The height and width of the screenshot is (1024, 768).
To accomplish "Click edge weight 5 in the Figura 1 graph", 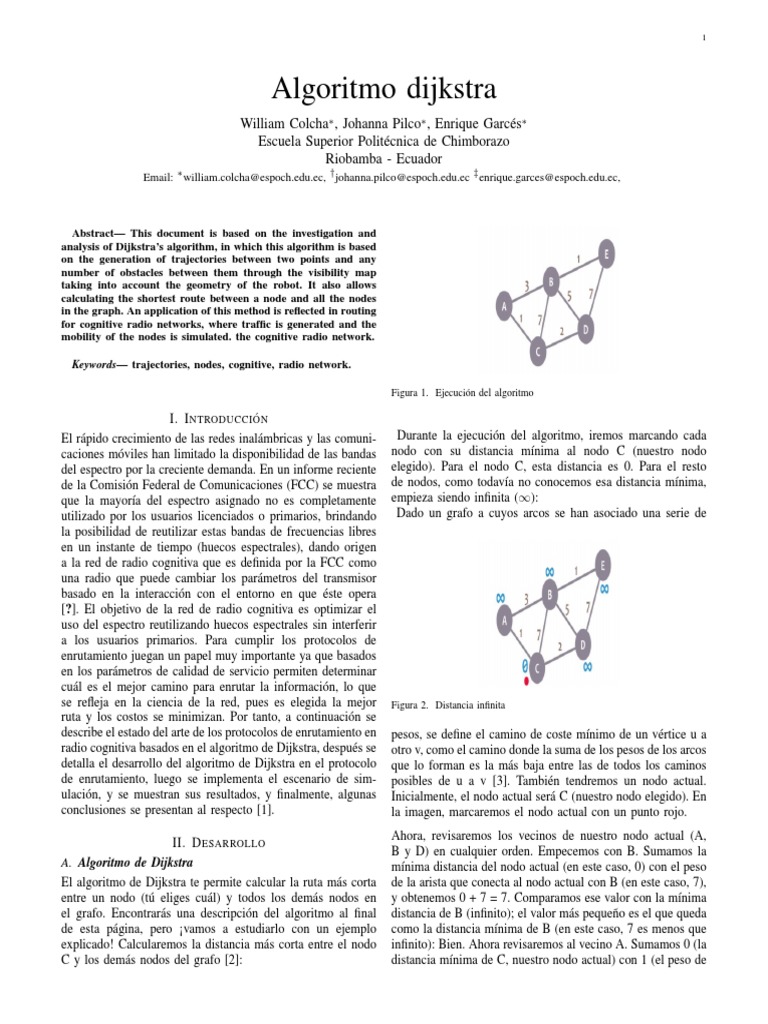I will point(568,296).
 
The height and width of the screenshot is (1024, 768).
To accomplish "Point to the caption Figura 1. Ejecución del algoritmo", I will point(464,394).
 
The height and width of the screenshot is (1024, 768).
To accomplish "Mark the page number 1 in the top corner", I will point(705,38).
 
